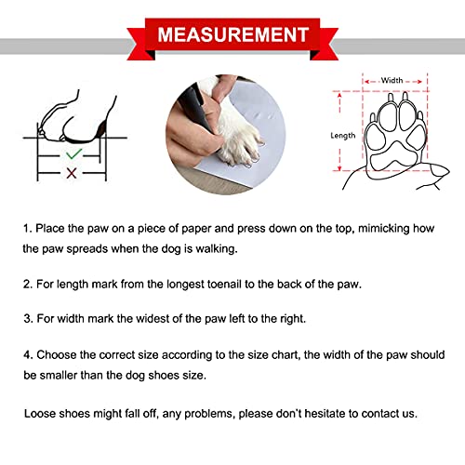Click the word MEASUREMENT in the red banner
pos(233,34)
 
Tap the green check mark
pos(73,154)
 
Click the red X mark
pos(72,173)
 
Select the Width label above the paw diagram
pos(392,80)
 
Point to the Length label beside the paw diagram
pos(342,136)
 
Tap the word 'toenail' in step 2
pos(224,285)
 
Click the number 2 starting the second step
pos(28,285)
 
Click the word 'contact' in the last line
pos(379,414)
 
